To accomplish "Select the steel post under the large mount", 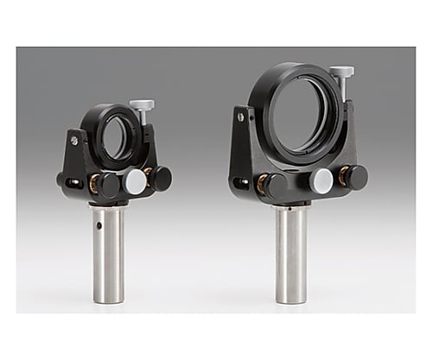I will [x=291, y=254].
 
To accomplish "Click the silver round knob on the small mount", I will [x=134, y=182].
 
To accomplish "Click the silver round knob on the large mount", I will [x=322, y=180].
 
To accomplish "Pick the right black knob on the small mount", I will [x=161, y=178].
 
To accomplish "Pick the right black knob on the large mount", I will [x=354, y=177].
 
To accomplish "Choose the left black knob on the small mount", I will [x=108, y=185].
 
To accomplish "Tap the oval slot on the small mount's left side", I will [x=74, y=181].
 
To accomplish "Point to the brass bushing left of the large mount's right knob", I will [x=338, y=178].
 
